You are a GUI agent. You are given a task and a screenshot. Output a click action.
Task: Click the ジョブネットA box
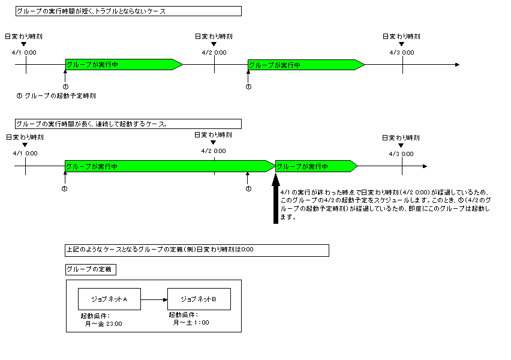pyautogui.click(x=109, y=299)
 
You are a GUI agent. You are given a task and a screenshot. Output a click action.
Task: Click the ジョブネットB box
pyautogui.click(x=199, y=299)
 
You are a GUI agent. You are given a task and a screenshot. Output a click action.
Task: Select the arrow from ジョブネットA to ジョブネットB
pyautogui.click(x=154, y=299)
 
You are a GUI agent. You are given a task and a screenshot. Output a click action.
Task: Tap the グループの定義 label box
pyautogui.click(x=90, y=269)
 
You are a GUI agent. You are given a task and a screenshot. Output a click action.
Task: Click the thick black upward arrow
pyautogui.click(x=276, y=198)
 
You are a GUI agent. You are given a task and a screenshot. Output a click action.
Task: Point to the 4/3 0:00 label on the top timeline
pyautogui.click(x=402, y=53)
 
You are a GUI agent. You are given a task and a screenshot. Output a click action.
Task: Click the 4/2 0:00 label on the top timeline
pyautogui.click(x=214, y=53)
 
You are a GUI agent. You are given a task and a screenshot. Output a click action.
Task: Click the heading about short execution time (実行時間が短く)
pyautogui.click(x=128, y=11)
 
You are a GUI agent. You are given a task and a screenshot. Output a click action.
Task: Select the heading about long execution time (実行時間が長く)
pyautogui.click(x=128, y=124)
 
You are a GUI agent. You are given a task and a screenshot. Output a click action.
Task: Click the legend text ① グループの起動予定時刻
pyautogui.click(x=56, y=95)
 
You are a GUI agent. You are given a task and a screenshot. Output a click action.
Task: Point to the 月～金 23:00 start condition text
pyautogui.click(x=104, y=323)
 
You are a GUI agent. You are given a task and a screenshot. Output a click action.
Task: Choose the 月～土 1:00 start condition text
pyautogui.click(x=191, y=323)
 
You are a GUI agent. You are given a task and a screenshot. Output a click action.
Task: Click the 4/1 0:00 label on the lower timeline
pyautogui.click(x=25, y=154)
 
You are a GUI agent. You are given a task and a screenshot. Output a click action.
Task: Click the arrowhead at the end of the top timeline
pyautogui.click(x=457, y=64)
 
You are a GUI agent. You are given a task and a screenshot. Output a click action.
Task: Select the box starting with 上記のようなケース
pyautogui.click(x=197, y=250)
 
